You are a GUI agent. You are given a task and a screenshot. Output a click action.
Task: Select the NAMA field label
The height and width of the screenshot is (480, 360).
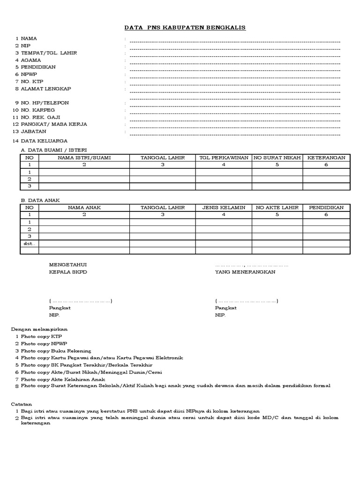tap(29, 38)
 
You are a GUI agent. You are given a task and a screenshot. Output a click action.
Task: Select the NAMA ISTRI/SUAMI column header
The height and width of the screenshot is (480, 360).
tap(84, 157)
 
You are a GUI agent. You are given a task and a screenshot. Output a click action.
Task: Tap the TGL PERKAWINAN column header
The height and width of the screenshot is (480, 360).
tap(224, 157)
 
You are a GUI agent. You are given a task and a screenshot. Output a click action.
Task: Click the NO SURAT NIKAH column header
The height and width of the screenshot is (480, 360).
tap(277, 157)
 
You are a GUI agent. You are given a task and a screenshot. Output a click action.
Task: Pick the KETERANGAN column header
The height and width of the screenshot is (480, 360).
tap(326, 157)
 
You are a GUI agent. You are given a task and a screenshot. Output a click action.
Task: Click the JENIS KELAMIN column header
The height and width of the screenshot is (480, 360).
tap(224, 207)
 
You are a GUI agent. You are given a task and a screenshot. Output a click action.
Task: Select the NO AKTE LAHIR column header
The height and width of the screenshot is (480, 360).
tap(277, 207)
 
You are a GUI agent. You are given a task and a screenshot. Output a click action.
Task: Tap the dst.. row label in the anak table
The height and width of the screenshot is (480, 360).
tap(29, 244)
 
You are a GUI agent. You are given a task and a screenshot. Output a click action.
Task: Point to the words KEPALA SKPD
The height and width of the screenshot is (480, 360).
tap(68, 272)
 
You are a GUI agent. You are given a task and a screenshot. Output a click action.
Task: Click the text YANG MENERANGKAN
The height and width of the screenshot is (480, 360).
tap(245, 272)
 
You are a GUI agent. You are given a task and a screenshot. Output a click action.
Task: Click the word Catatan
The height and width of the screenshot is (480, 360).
tap(22, 403)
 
